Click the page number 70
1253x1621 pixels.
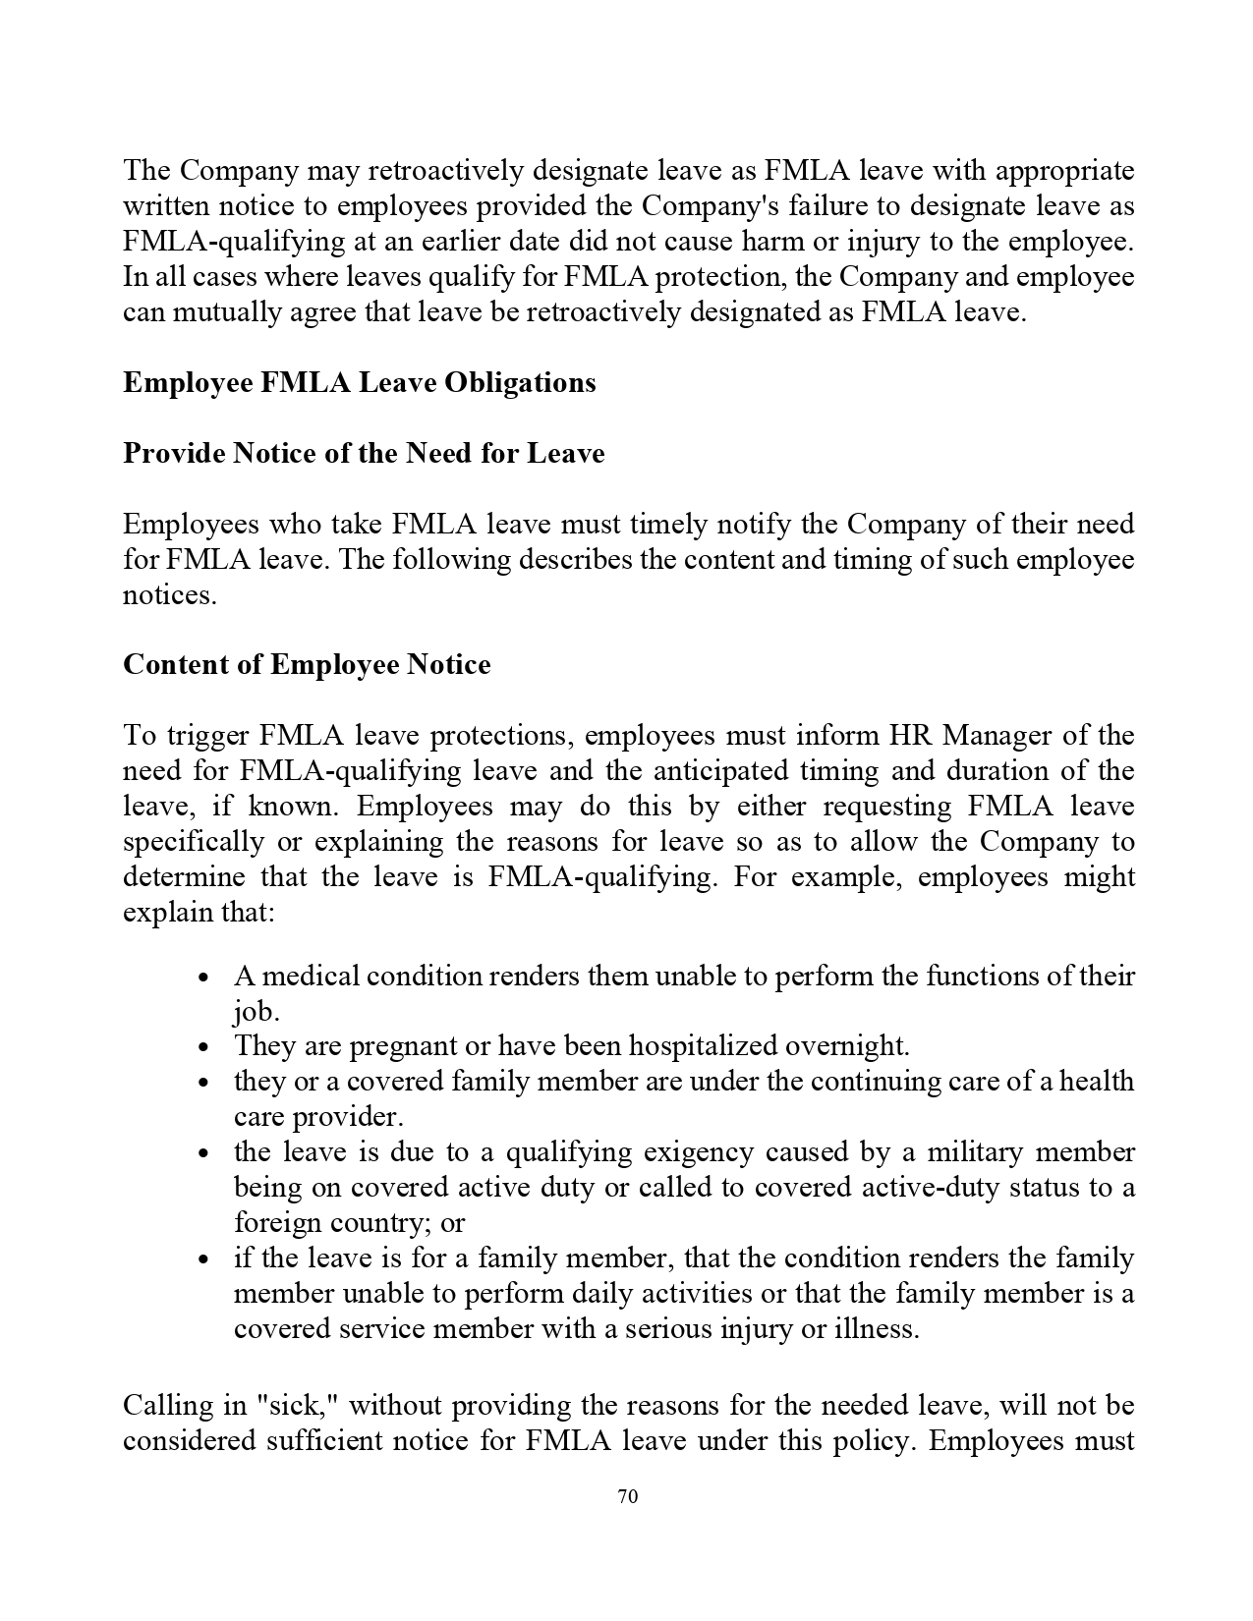[628, 1496]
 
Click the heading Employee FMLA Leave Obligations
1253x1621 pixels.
[359, 382]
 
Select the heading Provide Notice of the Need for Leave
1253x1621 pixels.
[364, 453]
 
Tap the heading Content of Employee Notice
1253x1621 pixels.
[307, 665]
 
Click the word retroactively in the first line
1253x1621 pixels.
[447, 171]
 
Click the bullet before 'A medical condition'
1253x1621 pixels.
[203, 978]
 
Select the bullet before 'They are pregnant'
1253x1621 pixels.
[203, 1048]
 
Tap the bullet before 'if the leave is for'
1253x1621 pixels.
[203, 1260]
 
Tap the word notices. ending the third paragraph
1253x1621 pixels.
[169, 595]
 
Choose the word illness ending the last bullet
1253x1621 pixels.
[875, 1329]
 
